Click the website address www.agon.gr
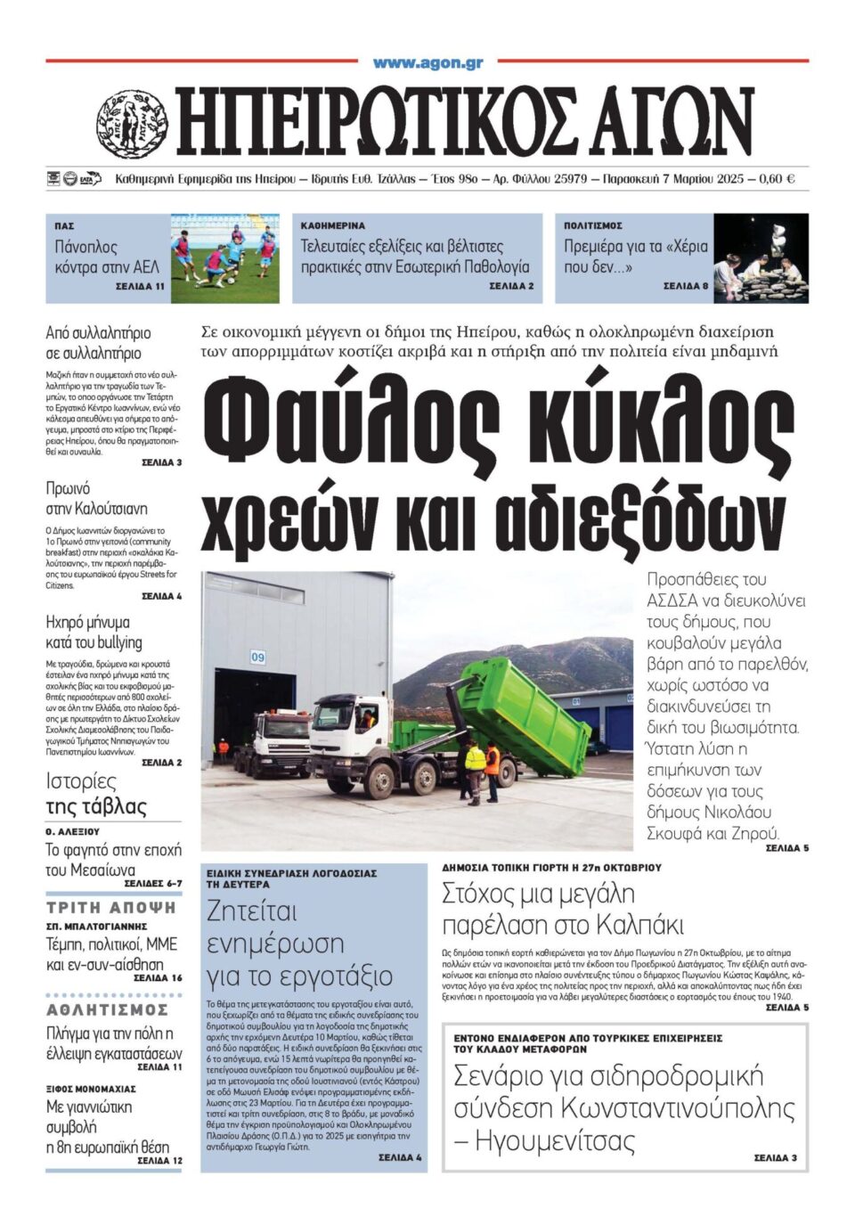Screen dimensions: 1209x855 427,63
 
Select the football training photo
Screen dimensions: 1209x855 224,257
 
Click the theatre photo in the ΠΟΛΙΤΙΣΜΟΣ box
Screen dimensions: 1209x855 761,257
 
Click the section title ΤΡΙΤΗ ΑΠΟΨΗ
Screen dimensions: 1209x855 112,908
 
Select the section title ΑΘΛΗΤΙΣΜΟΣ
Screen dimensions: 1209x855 108,1009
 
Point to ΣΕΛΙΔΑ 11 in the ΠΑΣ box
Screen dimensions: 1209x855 140,288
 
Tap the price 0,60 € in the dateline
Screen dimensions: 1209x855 777,179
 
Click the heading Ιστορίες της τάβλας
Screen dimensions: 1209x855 96,794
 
